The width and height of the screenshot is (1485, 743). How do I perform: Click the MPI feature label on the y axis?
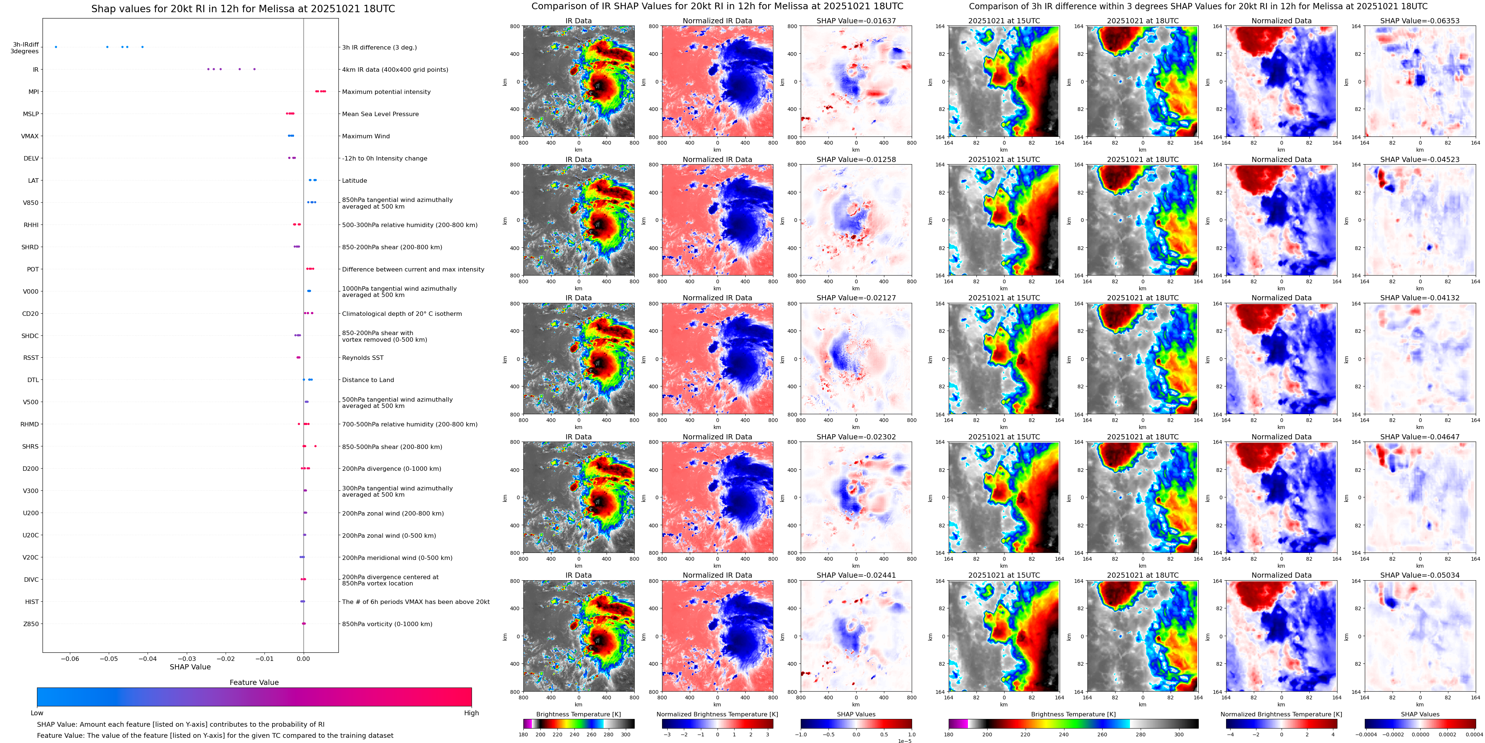33,92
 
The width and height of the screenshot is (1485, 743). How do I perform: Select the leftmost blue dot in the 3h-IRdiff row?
56,47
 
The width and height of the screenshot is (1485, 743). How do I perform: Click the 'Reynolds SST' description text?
362,358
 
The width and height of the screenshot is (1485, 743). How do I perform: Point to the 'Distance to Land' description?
368,380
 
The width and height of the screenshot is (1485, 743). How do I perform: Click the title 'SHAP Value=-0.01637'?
856,21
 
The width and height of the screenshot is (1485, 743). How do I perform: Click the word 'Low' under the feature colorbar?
37,713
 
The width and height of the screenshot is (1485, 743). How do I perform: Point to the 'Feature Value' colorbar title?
254,682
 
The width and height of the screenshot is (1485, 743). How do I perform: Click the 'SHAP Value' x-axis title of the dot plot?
190,667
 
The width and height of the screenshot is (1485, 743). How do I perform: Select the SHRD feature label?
30,247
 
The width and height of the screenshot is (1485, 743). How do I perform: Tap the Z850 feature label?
31,624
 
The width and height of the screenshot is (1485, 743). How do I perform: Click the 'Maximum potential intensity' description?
386,92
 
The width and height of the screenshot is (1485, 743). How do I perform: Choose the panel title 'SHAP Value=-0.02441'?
856,575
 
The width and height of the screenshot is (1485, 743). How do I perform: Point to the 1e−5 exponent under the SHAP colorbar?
904,741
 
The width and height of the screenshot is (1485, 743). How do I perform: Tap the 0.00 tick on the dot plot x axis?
303,658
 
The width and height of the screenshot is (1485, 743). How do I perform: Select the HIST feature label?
32,602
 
